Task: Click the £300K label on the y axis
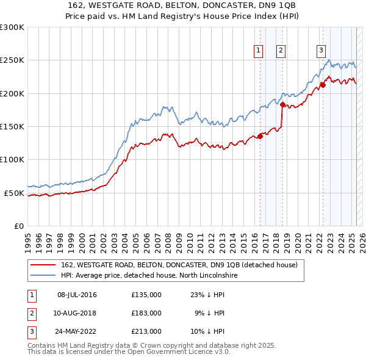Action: [x=12, y=27]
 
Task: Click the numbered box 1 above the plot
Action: [x=259, y=51]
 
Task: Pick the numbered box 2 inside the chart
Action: [x=281, y=51]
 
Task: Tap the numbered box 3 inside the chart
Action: [x=321, y=51]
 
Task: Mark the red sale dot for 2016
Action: [x=260, y=136]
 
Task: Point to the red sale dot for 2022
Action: [x=323, y=85]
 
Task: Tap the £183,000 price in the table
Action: [x=146, y=313]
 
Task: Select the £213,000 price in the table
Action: [x=146, y=331]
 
